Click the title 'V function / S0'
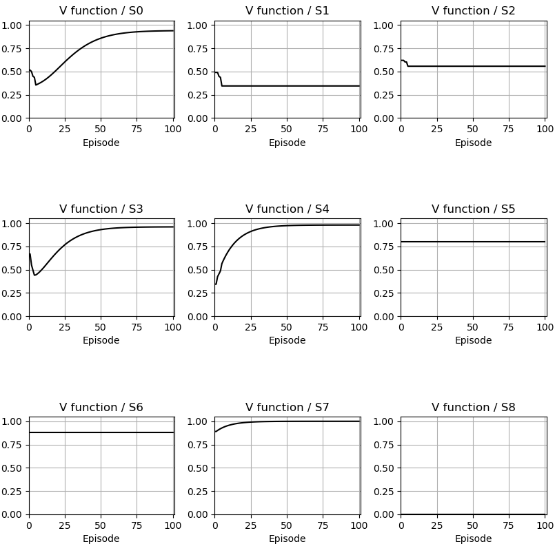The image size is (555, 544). pos(101,11)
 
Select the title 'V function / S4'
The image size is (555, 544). pos(287,209)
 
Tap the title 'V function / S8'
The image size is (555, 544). pos(473,408)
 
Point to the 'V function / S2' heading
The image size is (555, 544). pos(473,11)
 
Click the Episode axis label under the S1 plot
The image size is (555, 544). pos(287,143)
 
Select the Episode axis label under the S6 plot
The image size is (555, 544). pos(101,539)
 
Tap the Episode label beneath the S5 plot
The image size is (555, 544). pos(473,341)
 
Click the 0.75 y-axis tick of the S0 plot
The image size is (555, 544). pos(14,48)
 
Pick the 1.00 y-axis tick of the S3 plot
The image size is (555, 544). pos(14,224)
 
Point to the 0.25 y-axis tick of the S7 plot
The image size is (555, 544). pos(200,491)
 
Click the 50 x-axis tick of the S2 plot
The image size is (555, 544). pos(473,128)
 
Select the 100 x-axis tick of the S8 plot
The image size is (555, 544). pos(545,525)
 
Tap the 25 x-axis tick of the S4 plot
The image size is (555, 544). pos(251,326)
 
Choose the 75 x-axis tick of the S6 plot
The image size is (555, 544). pos(137,525)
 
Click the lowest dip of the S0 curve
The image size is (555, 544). pos(36,85)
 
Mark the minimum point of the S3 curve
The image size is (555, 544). pos(34,275)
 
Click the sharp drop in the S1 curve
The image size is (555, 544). pos(221,81)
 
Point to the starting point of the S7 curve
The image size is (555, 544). pos(215,432)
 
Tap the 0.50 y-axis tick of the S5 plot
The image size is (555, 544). pos(386,270)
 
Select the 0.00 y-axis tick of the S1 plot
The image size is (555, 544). pos(200,118)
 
